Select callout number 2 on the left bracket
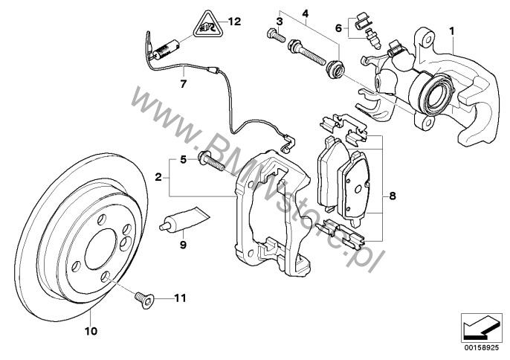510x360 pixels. [158, 177]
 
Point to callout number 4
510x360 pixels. [304, 12]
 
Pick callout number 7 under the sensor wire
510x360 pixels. [183, 83]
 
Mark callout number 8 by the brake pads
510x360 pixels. [393, 196]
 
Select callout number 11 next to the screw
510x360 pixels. [178, 299]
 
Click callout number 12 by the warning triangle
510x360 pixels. [236, 22]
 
